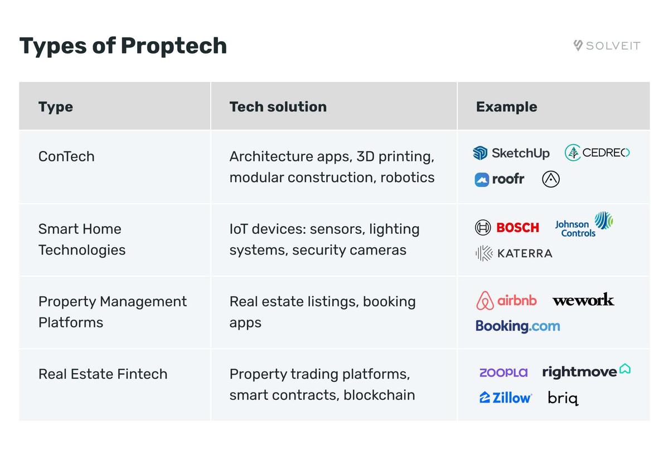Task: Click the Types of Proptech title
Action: pyautogui.click(x=123, y=46)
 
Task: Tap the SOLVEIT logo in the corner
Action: pyautogui.click(x=607, y=46)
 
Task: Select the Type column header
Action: pyautogui.click(x=56, y=107)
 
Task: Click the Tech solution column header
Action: pyautogui.click(x=278, y=107)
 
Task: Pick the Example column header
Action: pyautogui.click(x=506, y=107)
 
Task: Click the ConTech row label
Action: pyautogui.click(x=66, y=156)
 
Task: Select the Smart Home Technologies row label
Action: pyautogui.click(x=81, y=239)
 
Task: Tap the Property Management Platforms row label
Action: pyautogui.click(x=112, y=312)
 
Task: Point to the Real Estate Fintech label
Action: pyautogui.click(x=103, y=374)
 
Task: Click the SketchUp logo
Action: pyautogui.click(x=511, y=153)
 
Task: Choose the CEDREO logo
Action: pyautogui.click(x=597, y=153)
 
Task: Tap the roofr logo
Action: pyautogui.click(x=500, y=179)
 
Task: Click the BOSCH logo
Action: pyautogui.click(x=507, y=227)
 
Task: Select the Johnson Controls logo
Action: pyautogui.click(x=583, y=224)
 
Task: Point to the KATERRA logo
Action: pyautogui.click(x=513, y=253)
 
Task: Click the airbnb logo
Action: pyautogui.click(x=506, y=301)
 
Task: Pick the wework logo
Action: pyautogui.click(x=583, y=300)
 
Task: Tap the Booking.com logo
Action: pyautogui.click(x=517, y=326)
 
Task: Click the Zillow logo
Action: pyautogui.click(x=505, y=398)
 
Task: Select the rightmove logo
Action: pyautogui.click(x=586, y=371)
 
